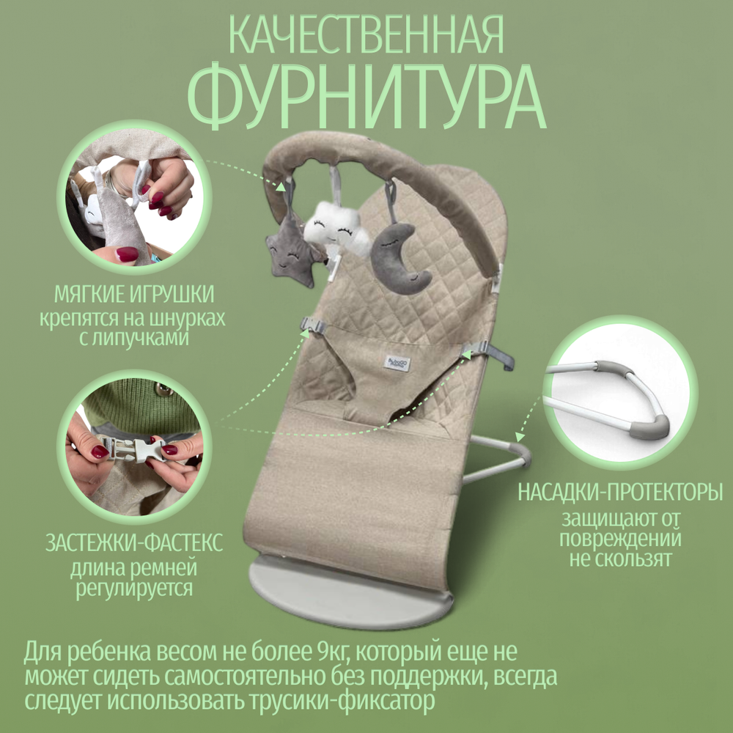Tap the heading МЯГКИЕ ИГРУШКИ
coord(135,295)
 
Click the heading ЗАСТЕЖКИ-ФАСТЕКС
coord(134,544)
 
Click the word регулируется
coord(134,588)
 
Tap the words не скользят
coord(620,559)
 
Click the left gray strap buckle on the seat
coord(314,326)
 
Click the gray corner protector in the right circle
coord(649,425)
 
